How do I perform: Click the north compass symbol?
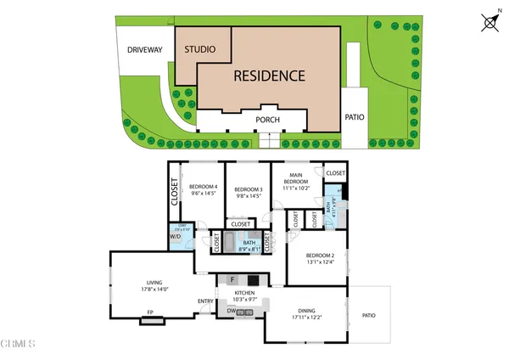(489, 23)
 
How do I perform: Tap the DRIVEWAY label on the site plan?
(144, 50)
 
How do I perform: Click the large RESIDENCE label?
(271, 76)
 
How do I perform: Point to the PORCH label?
(269, 120)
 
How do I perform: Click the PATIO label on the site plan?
(355, 117)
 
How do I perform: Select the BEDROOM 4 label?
(203, 187)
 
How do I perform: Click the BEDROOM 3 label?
(249, 188)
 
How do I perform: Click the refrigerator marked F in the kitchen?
(232, 279)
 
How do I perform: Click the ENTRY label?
(205, 301)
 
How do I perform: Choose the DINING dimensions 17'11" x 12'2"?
(306, 317)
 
